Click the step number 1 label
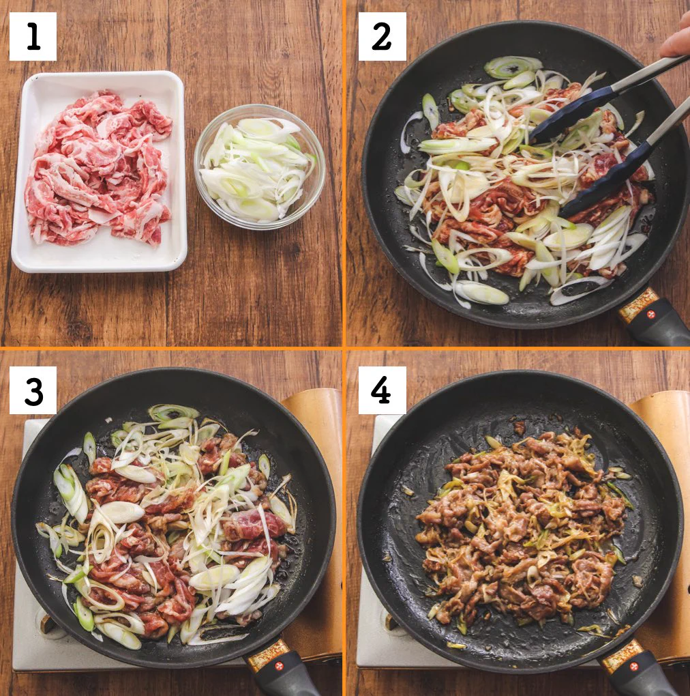tap(33, 36)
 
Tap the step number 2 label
tap(382, 36)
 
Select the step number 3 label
tap(33, 390)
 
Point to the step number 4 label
tap(382, 390)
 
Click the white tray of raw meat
tap(99, 171)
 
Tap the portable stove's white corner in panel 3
tap(27, 655)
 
